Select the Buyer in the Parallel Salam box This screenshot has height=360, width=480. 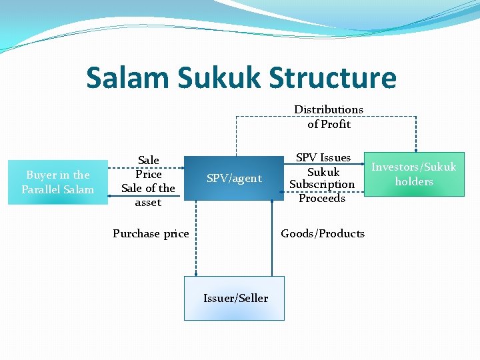pos(58,182)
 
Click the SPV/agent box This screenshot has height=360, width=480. pos(234,178)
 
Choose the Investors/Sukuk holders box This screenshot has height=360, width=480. pos(414,174)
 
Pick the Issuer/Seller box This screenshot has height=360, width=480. pos(235,298)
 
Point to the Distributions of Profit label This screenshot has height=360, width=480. pos(329,117)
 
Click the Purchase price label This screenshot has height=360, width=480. pos(151,233)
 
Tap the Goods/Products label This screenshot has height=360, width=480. pos(323,233)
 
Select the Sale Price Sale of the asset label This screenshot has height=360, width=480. pos(148,181)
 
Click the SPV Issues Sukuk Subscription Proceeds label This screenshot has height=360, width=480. pos(323,177)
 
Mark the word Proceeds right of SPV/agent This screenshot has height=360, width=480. pos(322,198)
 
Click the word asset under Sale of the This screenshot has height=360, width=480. pos(148,202)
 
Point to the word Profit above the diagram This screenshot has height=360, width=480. pos(335,124)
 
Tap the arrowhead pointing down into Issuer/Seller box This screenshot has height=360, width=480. pos(196,273)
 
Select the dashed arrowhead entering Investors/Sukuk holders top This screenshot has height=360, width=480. pos(416,150)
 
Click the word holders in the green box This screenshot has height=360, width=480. pos(414,181)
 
